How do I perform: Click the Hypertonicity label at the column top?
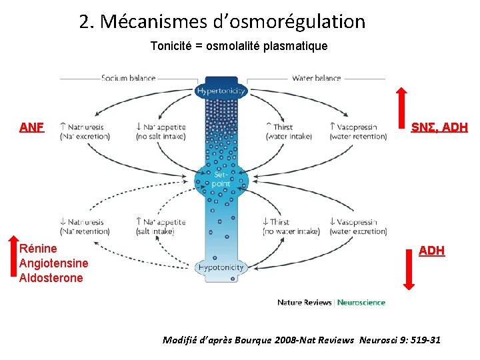[221, 91]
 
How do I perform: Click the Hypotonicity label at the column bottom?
[221, 267]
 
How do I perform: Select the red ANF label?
[31, 127]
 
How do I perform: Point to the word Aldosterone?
[51, 278]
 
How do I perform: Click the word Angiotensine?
[54, 263]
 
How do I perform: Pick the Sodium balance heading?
[128, 78]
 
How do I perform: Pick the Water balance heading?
[316, 78]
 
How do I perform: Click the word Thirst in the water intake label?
[283, 127]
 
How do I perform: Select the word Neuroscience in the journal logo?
[361, 302]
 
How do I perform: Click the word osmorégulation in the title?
[309, 22]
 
